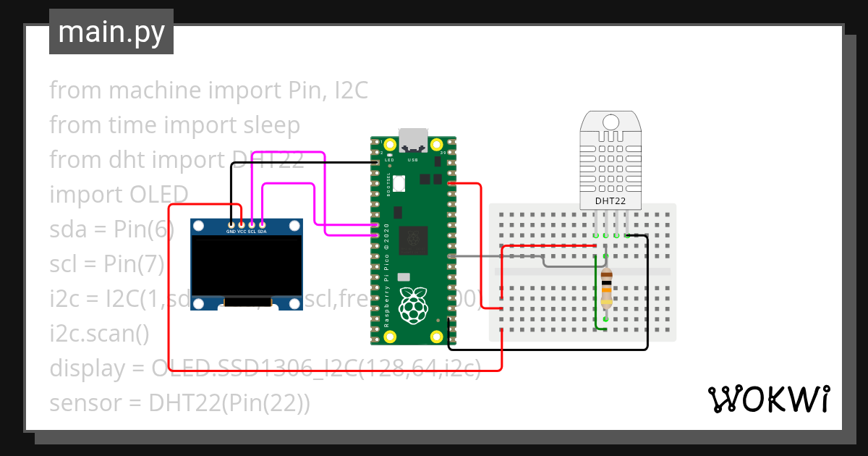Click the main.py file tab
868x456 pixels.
pyautogui.click(x=111, y=32)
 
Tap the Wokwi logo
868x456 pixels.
pyautogui.click(x=767, y=399)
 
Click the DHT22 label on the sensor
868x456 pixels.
pyautogui.click(x=610, y=200)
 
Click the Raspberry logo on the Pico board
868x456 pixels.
pyautogui.click(x=413, y=305)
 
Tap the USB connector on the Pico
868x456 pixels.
pyautogui.click(x=413, y=138)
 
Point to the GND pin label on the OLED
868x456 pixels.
pyautogui.click(x=231, y=232)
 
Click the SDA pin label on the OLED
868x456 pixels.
pyautogui.click(x=262, y=232)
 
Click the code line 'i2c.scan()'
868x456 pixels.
pyautogui.click(x=99, y=334)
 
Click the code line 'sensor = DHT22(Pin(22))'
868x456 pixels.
pyautogui.click(x=179, y=403)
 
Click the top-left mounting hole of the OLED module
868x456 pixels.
pyautogui.click(x=198, y=227)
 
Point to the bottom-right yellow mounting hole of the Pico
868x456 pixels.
pyautogui.click(x=435, y=337)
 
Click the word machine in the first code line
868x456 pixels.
pyautogui.click(x=154, y=90)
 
